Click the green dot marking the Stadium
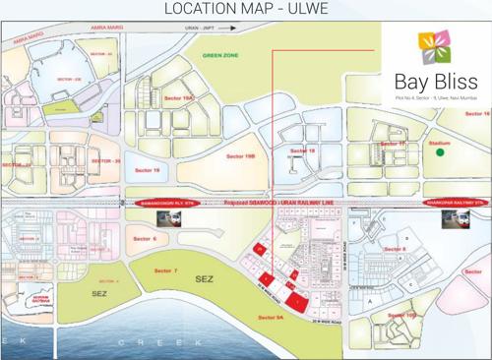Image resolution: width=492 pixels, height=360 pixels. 442,151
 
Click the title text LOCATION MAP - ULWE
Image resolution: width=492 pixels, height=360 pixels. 245,11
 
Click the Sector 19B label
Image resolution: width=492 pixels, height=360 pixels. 241,155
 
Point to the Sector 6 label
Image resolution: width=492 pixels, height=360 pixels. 144,238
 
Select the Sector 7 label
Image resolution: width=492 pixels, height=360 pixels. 166,270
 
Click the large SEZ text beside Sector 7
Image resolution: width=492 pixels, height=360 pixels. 204,279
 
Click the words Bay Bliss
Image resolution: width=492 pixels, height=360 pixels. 434,80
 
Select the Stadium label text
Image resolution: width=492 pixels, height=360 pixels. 440,142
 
